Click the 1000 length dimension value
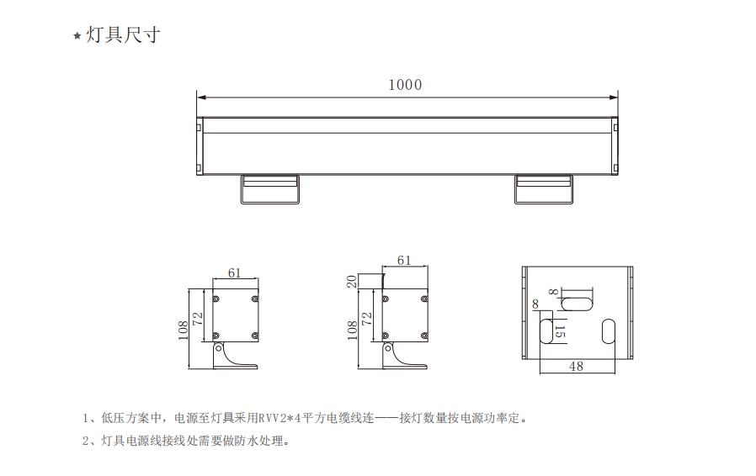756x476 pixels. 405,84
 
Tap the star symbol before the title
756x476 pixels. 77,36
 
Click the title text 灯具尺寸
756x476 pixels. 123,35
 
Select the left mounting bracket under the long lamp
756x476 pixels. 269,189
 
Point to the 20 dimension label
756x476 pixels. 351,281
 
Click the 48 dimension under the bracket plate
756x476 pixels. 576,366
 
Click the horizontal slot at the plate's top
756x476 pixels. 577,300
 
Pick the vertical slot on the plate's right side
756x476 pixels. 609,330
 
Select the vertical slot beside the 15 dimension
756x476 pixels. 546,329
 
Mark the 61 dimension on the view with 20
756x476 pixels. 404,261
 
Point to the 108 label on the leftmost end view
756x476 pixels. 183,329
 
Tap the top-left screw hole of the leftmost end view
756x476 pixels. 217,299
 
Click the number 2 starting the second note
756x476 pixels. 86,441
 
